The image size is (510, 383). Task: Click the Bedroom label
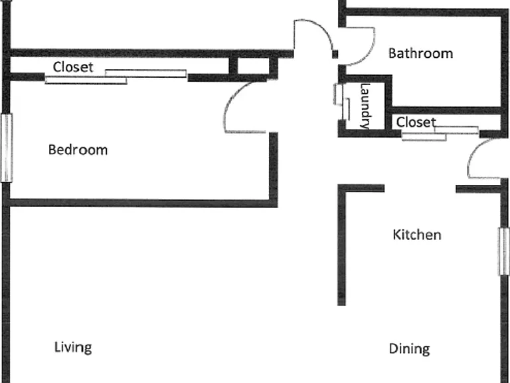point(78,150)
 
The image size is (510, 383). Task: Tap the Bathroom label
point(420,53)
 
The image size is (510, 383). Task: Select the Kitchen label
point(416,235)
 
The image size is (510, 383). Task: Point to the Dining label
point(409,349)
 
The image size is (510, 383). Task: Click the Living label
point(73,348)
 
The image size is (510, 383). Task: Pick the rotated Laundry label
point(366,106)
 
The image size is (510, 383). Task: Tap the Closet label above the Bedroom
point(73,67)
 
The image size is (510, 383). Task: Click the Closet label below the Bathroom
point(416,122)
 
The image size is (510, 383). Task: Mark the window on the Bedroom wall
point(7,147)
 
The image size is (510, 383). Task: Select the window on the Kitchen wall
point(504,251)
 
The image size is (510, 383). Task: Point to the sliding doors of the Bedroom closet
point(116,77)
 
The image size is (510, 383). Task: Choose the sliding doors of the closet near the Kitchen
point(440,134)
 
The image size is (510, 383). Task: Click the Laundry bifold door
point(341,102)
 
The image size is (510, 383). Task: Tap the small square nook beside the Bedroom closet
point(254,66)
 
